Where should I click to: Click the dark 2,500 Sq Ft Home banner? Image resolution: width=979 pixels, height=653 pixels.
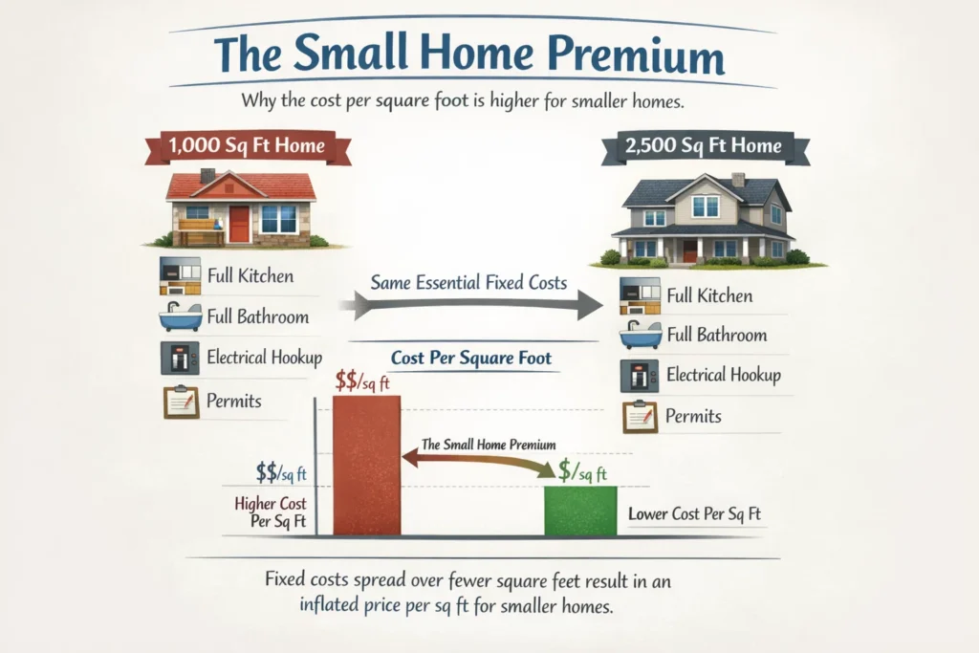point(705,146)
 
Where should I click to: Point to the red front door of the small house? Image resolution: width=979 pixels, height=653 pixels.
point(239,224)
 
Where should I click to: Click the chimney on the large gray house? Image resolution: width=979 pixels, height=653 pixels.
point(737,180)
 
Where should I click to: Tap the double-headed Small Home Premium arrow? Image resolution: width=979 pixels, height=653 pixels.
point(477,460)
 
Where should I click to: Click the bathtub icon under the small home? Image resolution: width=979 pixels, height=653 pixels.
point(179,315)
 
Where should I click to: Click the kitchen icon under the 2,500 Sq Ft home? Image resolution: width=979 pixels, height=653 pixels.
point(639,295)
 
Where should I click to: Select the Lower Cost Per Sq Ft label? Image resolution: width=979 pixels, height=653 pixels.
point(694,514)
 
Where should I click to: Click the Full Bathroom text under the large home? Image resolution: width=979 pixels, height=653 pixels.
point(717,335)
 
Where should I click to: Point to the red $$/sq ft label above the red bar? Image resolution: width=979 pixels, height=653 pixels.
point(367,381)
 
